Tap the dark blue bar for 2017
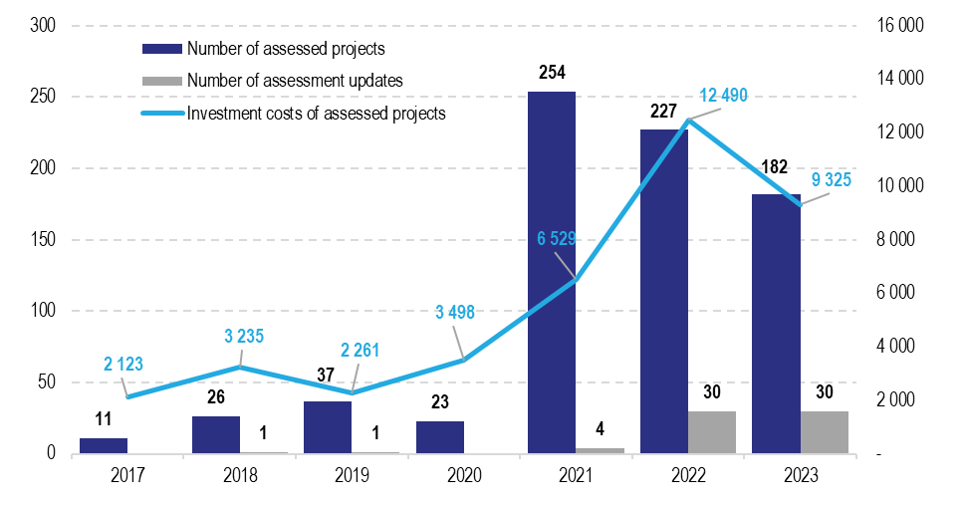pyautogui.click(x=104, y=445)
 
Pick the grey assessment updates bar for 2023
pyautogui.click(x=825, y=432)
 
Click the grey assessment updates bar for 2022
pyautogui.click(x=712, y=432)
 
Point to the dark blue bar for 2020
pyautogui.click(x=440, y=437)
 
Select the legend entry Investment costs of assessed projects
pyautogui.click(x=316, y=113)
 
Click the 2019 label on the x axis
pyautogui.click(x=353, y=476)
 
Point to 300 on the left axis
pyautogui.click(x=43, y=26)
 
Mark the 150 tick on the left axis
pyautogui.click(x=43, y=240)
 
